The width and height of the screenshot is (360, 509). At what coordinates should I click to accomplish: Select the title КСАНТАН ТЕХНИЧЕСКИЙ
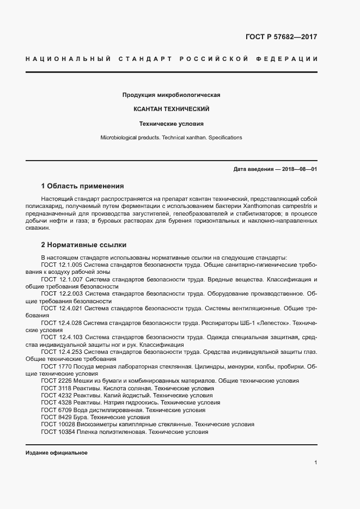tap(172, 109)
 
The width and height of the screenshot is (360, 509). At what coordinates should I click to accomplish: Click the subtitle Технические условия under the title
tap(172, 124)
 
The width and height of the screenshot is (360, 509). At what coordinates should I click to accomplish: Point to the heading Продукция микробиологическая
tap(172, 95)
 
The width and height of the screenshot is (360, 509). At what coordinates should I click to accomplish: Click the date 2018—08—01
tap(299, 169)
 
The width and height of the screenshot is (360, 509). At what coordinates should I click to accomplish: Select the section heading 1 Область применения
tap(82, 186)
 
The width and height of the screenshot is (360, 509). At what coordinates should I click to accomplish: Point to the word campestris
tap(299, 207)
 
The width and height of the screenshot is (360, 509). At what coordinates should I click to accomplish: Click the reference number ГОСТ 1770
tap(53, 367)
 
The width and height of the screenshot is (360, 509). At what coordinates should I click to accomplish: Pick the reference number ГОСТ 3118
tap(53, 389)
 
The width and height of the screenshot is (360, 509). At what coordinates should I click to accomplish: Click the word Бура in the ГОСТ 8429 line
tap(82, 417)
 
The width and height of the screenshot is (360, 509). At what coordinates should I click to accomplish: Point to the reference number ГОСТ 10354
tap(55, 432)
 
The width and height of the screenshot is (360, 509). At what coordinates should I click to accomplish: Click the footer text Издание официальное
tap(57, 453)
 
